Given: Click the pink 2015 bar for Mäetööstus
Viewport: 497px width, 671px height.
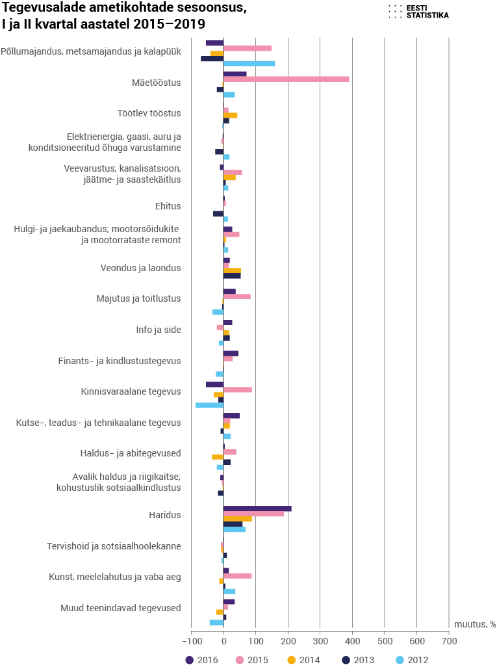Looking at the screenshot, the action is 286,79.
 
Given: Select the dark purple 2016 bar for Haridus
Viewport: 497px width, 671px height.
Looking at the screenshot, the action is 257,508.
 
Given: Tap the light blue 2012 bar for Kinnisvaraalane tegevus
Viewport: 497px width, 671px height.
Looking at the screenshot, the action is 210,405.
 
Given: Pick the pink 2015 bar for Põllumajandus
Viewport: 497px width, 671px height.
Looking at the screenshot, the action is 248,48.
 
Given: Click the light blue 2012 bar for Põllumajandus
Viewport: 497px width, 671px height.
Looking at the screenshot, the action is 249,64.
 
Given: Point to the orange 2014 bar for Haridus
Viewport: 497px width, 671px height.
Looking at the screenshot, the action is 237,519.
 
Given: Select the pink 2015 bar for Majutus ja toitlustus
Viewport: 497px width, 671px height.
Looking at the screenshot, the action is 237,296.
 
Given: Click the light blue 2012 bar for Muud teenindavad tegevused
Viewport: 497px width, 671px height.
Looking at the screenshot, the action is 216,622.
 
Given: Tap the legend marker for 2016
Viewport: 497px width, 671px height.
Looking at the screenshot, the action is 190,660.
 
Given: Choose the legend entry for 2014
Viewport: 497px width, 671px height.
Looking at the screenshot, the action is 303,660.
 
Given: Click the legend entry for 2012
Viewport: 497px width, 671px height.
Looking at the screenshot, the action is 412,660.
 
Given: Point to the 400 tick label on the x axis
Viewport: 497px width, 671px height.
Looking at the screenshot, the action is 352,641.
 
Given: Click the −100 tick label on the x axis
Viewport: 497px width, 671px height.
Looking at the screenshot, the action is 191,641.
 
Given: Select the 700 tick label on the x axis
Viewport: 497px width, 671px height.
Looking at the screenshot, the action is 449,641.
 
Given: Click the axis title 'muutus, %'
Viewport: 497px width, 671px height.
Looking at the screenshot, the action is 475,624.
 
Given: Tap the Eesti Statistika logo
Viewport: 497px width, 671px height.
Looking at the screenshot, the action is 419,12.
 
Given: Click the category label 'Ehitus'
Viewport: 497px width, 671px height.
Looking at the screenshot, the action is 168,206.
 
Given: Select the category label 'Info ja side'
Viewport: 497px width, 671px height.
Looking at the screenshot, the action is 159,330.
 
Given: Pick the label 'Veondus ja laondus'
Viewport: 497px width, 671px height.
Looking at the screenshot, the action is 141,268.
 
